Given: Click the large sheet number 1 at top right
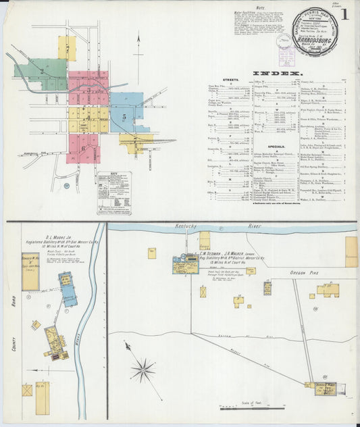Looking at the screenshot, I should point(345,14).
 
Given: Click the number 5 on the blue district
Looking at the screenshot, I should point(124,117).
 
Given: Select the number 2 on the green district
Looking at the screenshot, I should point(42,71).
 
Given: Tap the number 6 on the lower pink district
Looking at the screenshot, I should point(82,147).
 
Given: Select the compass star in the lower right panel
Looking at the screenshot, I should point(143,369).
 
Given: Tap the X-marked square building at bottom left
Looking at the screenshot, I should point(27,391).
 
